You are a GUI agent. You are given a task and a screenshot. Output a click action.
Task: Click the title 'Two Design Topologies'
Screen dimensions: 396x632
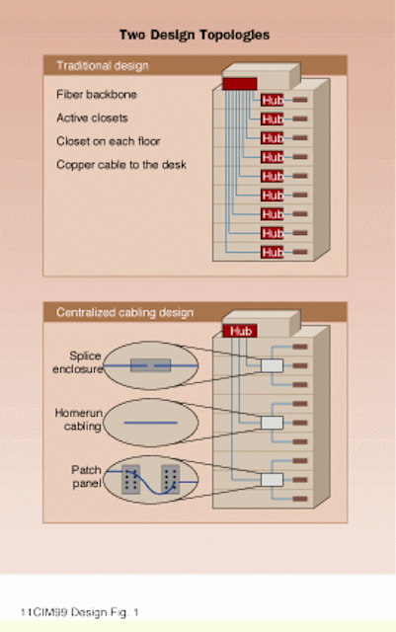click(195, 36)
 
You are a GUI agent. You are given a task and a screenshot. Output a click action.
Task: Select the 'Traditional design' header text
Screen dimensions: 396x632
click(103, 65)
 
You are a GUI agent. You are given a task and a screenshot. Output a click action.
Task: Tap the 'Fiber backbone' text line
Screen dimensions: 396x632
click(97, 95)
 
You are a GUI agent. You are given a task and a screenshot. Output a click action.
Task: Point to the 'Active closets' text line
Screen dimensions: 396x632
click(92, 118)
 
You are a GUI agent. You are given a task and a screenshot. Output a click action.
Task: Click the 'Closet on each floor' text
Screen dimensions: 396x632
click(108, 141)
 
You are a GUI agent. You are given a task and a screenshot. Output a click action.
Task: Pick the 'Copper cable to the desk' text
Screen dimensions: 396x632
click(121, 165)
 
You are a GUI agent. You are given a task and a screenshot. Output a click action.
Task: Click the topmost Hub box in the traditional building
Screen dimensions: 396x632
click(273, 100)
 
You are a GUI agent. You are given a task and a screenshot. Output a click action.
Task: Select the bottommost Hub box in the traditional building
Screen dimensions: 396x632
click(273, 253)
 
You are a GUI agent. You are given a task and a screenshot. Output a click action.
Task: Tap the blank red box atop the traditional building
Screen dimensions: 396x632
click(240, 84)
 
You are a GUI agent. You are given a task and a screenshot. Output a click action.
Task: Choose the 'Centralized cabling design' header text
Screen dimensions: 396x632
click(124, 312)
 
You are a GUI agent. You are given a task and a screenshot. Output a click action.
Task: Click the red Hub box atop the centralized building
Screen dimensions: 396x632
click(240, 331)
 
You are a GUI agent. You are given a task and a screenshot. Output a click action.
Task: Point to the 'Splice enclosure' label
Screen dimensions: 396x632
click(77, 362)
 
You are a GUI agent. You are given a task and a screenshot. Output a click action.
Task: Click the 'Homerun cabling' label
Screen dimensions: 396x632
click(78, 419)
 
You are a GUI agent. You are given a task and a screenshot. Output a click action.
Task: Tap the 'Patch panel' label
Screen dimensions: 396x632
click(86, 476)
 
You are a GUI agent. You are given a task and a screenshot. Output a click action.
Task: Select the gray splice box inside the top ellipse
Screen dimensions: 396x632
click(150, 365)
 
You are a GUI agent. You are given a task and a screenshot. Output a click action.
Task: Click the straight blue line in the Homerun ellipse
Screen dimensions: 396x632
click(150, 423)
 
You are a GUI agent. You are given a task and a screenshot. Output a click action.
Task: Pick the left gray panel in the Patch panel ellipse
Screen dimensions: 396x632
click(131, 480)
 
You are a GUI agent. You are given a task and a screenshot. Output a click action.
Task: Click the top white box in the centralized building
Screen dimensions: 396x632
click(272, 365)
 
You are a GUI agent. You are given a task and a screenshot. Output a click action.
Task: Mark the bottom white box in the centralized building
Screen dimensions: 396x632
click(272, 480)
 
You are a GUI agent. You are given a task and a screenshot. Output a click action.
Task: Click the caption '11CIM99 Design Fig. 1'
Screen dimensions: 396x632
click(79, 612)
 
